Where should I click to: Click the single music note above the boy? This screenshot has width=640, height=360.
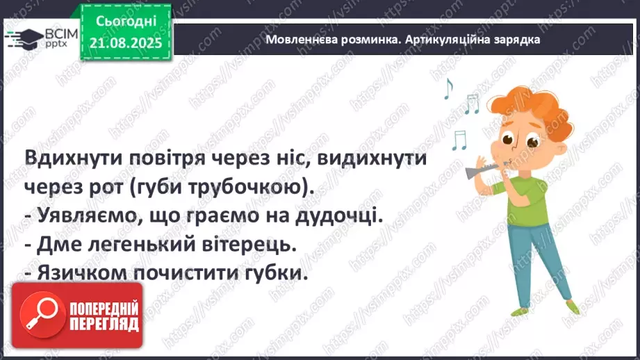[448, 88]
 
